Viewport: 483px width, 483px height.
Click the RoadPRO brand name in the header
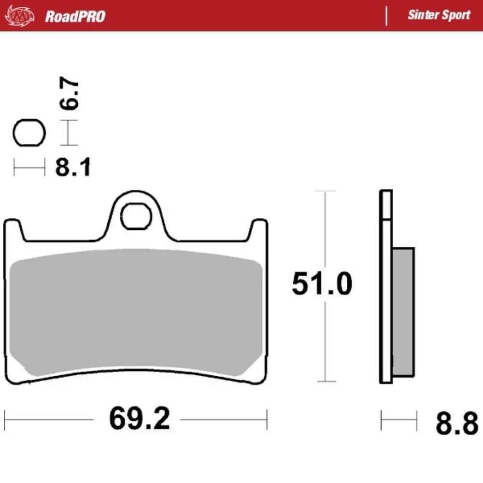pyautogui.click(x=75, y=16)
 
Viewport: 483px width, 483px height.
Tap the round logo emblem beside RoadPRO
pyautogui.click(x=20, y=16)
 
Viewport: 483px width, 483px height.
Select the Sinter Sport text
pyautogui.click(x=439, y=15)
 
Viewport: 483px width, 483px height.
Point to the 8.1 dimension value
pyautogui.click(x=72, y=168)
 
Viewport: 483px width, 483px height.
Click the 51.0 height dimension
pyautogui.click(x=322, y=284)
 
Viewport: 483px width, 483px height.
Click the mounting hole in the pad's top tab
pyautogui.click(x=136, y=216)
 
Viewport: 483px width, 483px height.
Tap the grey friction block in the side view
pyautogui.click(x=403, y=312)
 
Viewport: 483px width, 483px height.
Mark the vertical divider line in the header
pyautogui.click(x=386, y=15)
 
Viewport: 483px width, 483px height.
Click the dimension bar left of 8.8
pyautogui.click(x=398, y=420)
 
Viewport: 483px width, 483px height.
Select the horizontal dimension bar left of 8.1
pyautogui.click(x=29, y=168)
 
